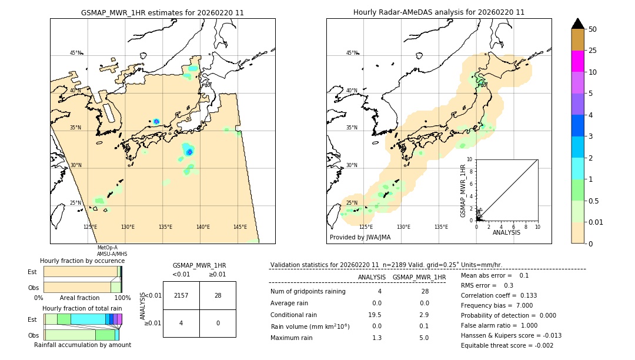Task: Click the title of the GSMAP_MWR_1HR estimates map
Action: [162, 12]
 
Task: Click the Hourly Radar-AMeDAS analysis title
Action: [439, 12]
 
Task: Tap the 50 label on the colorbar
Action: [593, 29]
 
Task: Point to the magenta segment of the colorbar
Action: [577, 61]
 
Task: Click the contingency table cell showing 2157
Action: [181, 295]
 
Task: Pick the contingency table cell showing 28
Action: [218, 295]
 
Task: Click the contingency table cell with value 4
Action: [181, 323]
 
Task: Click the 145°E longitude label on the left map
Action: [240, 227]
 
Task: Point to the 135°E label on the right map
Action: [441, 227]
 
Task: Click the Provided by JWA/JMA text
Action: [360, 238]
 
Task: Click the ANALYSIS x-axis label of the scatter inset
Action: [507, 232]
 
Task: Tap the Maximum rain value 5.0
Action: [423, 338]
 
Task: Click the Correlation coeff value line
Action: [499, 295]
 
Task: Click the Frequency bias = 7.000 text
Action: [497, 305]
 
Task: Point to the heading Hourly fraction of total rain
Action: [82, 308]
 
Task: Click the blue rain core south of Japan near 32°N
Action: [189, 152]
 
